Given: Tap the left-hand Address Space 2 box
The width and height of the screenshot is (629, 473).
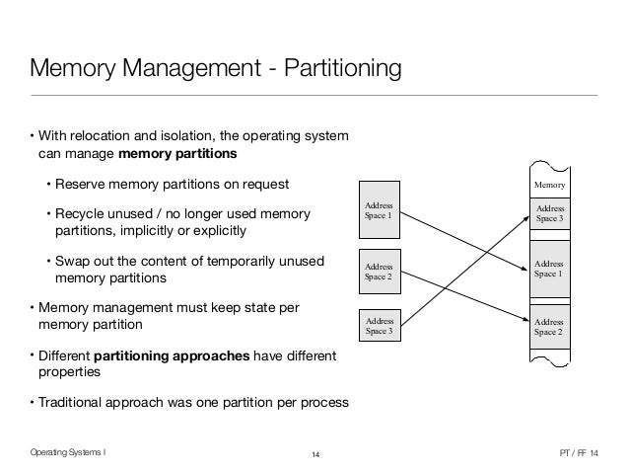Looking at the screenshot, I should click(x=380, y=272).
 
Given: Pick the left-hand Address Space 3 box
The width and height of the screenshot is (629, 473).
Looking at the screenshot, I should click(x=380, y=327).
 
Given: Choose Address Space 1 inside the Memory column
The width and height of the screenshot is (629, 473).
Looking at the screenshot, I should click(x=551, y=268).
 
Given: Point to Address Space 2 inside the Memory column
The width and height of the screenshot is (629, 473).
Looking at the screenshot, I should click(x=551, y=327).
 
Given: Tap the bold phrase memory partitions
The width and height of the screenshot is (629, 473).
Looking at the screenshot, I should click(x=178, y=154).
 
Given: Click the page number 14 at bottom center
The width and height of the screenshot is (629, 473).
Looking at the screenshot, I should click(x=315, y=453).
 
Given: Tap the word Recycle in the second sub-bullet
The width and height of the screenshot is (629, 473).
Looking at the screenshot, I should click(x=80, y=214).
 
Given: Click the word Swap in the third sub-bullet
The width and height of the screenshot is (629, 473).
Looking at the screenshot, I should click(x=72, y=261).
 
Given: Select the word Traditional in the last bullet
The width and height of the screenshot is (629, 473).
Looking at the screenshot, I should click(x=72, y=401).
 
